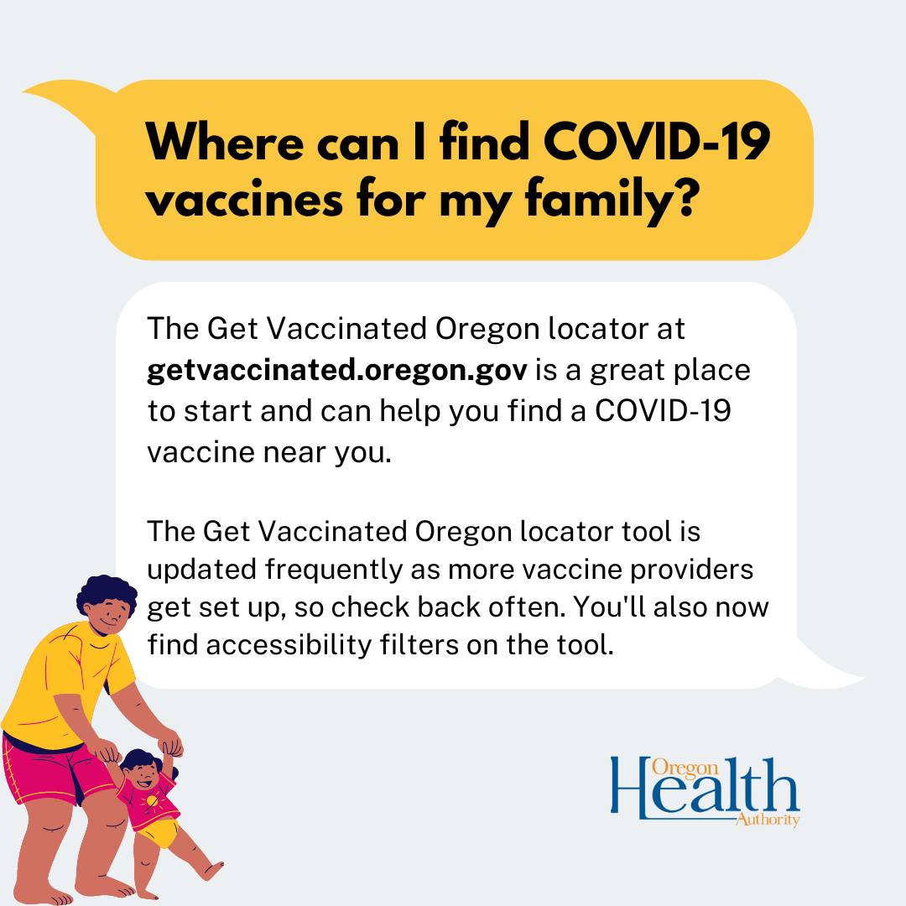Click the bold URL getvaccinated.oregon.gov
337,371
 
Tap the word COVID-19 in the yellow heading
656,142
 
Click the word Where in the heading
225,142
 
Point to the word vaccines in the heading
244,200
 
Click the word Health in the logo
705,788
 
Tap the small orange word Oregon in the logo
685,768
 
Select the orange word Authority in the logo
768,820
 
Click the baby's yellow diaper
157,833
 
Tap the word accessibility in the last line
289,645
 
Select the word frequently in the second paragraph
333,570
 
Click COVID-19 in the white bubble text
663,411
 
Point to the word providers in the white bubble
691,570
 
